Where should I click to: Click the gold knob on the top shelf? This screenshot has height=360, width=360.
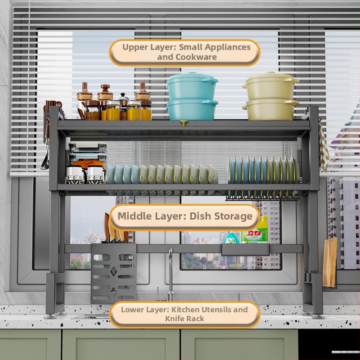[x=184, y=123]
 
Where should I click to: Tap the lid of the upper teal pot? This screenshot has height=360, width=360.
[x=192, y=78]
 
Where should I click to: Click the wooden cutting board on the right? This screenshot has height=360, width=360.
[x=330, y=263]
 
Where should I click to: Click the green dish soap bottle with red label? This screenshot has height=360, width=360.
[x=254, y=230]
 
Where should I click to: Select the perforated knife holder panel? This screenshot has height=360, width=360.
[x=114, y=273]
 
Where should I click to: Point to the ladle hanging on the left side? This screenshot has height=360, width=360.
[x=45, y=156]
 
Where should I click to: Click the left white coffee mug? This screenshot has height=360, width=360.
[x=75, y=175]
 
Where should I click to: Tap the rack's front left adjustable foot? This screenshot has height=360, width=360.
[x=50, y=316]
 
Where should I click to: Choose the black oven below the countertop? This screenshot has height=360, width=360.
[x=329, y=345]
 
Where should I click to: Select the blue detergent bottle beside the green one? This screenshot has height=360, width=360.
[x=231, y=238]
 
